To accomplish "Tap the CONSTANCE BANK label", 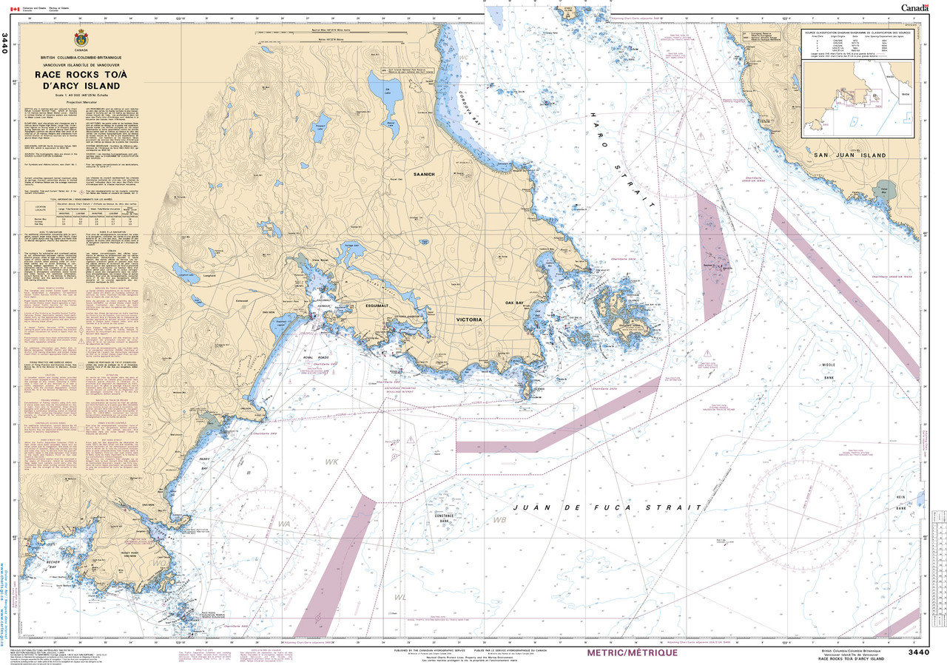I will coord(443,519).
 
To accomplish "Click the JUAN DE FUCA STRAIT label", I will coord(607,508).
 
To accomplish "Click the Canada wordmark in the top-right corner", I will coord(915,7).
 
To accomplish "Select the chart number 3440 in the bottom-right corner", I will coord(917,652).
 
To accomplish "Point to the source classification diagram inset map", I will coord(862,95).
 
